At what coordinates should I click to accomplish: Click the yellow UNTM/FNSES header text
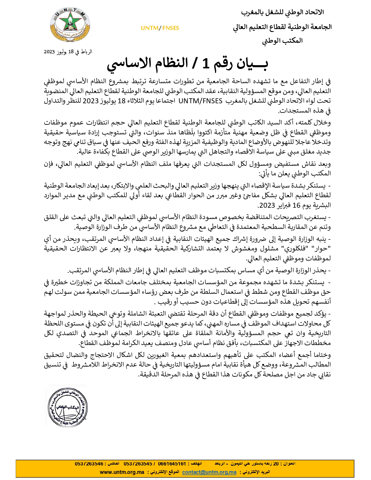point(160,28)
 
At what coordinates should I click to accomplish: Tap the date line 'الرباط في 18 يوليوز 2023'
point(68,52)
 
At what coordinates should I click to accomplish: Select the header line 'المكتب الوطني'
point(282,41)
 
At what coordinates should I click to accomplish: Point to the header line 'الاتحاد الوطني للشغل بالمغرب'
point(282,13)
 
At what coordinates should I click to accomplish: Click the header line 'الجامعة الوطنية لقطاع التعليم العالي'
point(282,27)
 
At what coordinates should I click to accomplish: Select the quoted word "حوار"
point(323,249)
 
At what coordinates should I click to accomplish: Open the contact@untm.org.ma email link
point(209,472)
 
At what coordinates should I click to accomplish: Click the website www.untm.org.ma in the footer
point(122,472)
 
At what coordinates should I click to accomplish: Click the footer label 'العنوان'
point(289,464)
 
